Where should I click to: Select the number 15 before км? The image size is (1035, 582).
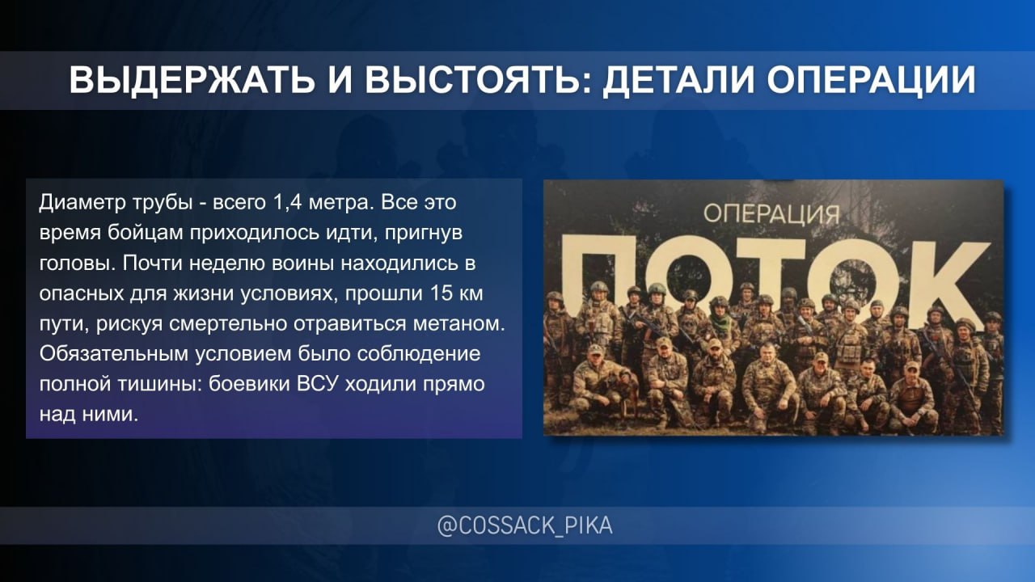click(x=441, y=293)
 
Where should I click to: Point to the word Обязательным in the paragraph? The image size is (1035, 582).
click(x=114, y=354)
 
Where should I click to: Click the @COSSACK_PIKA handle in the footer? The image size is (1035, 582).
click(x=525, y=525)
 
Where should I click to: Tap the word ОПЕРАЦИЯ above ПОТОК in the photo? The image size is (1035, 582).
click(x=771, y=214)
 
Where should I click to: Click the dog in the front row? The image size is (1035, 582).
click(x=625, y=393)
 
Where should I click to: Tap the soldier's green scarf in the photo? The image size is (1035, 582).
click(x=720, y=322)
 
